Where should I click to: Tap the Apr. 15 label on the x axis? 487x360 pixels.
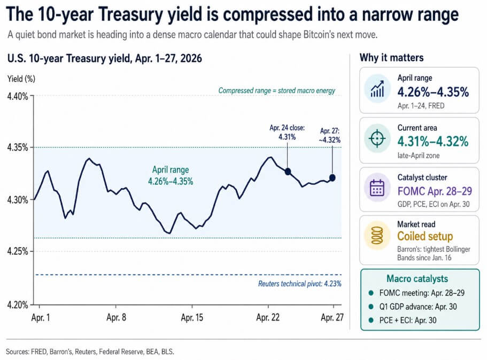192,317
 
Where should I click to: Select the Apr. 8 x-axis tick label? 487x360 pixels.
117,317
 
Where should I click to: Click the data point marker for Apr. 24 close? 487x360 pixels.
288,171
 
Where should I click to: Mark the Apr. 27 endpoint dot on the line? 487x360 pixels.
333,178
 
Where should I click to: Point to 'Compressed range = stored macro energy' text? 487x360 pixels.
276,91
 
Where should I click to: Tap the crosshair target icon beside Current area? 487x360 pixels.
377,138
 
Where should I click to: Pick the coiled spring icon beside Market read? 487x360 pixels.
377,237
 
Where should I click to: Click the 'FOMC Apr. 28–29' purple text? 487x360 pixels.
435,191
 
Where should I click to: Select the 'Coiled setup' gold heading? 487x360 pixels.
424,236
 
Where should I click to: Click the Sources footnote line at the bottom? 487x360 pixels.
90,351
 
